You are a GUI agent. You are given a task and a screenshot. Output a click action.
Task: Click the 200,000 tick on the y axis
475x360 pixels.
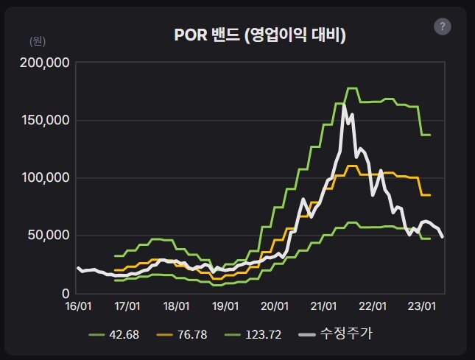pos(43,63)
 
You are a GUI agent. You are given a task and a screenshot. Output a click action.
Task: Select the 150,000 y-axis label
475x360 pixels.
pos(43,120)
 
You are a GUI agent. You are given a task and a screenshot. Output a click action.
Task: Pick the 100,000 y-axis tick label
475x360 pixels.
pos(43,177)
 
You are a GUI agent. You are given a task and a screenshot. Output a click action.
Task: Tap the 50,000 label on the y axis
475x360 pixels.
pos(46,235)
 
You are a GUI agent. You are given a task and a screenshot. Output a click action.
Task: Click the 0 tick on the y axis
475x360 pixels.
pos(65,293)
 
